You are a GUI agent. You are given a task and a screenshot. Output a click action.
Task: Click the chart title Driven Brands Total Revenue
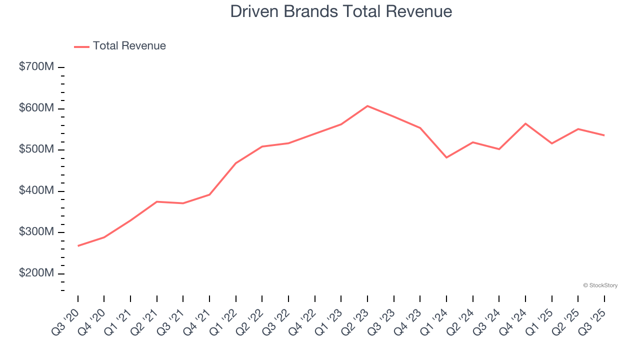pos(341,11)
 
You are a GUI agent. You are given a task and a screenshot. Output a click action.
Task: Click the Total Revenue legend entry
pos(120,46)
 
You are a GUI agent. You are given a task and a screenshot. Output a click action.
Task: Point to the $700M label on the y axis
pos(36,67)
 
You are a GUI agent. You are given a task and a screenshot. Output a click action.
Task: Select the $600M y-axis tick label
pos(36,108)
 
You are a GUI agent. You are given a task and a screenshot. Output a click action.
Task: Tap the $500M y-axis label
pos(36,149)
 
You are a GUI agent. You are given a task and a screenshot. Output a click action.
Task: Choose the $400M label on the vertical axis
pos(36,191)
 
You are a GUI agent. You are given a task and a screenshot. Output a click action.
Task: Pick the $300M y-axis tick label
pos(36,232)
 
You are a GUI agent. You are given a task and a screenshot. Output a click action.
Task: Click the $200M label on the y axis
pos(36,273)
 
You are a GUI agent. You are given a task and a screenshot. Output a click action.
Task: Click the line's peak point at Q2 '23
pos(367,106)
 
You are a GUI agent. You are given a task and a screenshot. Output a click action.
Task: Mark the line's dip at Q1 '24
pos(446,157)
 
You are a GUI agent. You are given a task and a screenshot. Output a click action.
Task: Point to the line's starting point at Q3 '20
pos(78,246)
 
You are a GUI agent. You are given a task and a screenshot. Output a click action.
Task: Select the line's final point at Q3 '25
pos(604,135)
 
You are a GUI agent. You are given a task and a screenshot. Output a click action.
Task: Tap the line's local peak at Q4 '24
pos(525,123)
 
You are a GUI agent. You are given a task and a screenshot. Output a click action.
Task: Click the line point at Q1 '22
pos(235,163)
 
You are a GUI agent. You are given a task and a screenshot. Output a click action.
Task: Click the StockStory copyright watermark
pos(600,285)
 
